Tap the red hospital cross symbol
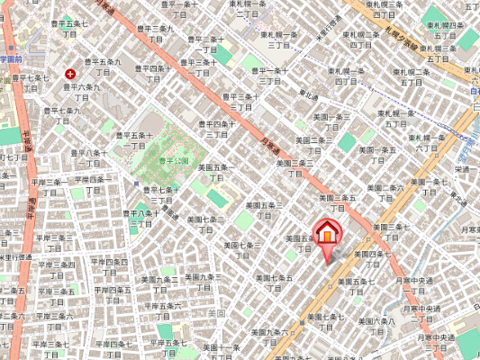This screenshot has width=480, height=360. coord(70,74)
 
